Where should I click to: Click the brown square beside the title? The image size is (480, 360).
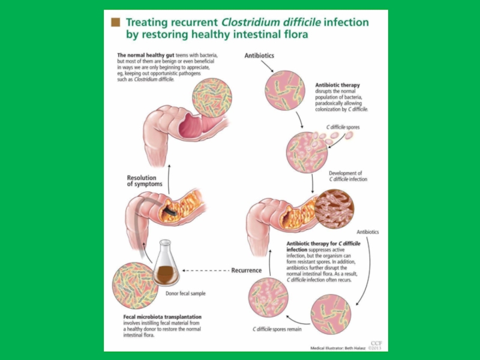[116, 23]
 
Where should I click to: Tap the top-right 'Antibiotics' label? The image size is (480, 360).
[259, 56]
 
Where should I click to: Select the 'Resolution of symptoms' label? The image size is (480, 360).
[144, 181]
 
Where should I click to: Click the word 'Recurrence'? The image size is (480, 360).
[246, 271]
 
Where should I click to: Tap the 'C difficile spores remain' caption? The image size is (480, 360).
[277, 329]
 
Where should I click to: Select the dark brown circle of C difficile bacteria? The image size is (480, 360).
[334, 209]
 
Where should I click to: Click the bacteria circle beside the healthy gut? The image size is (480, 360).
[212, 99]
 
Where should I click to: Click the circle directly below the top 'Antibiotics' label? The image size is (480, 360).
[285, 90]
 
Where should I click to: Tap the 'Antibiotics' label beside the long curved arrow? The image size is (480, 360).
[368, 232]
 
